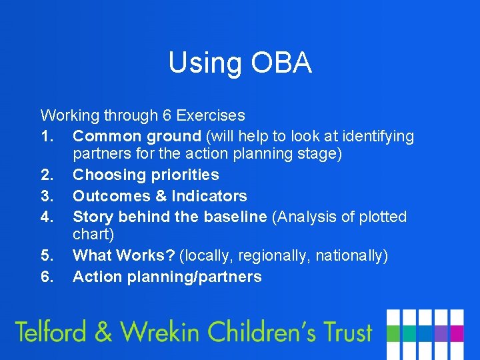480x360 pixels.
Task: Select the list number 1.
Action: (46, 137)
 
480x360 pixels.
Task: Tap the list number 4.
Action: (46, 217)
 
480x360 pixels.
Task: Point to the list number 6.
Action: (46, 277)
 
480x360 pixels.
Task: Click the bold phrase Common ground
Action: (137, 137)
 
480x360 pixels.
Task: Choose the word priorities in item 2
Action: (185, 175)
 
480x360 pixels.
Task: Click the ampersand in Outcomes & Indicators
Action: (161, 196)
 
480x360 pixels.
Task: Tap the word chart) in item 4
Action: (93, 235)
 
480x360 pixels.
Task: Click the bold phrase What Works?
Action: (124, 255)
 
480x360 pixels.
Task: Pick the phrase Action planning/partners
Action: (167, 277)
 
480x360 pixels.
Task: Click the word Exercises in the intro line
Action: (212, 115)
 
